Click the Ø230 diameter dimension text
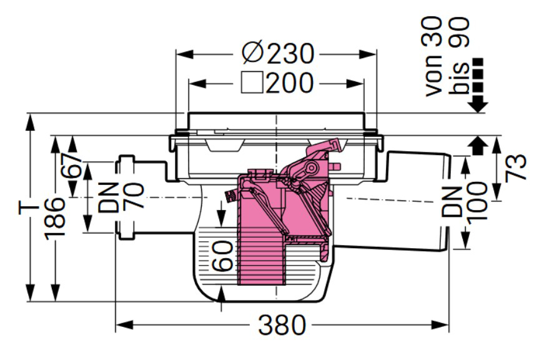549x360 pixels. pos(277,54)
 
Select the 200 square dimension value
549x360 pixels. pos(289,83)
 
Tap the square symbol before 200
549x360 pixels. pos(252,83)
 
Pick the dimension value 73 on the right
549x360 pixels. pos(517,167)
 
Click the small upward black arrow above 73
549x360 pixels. pos(477,146)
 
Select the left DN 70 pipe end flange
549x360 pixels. pos(126,197)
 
